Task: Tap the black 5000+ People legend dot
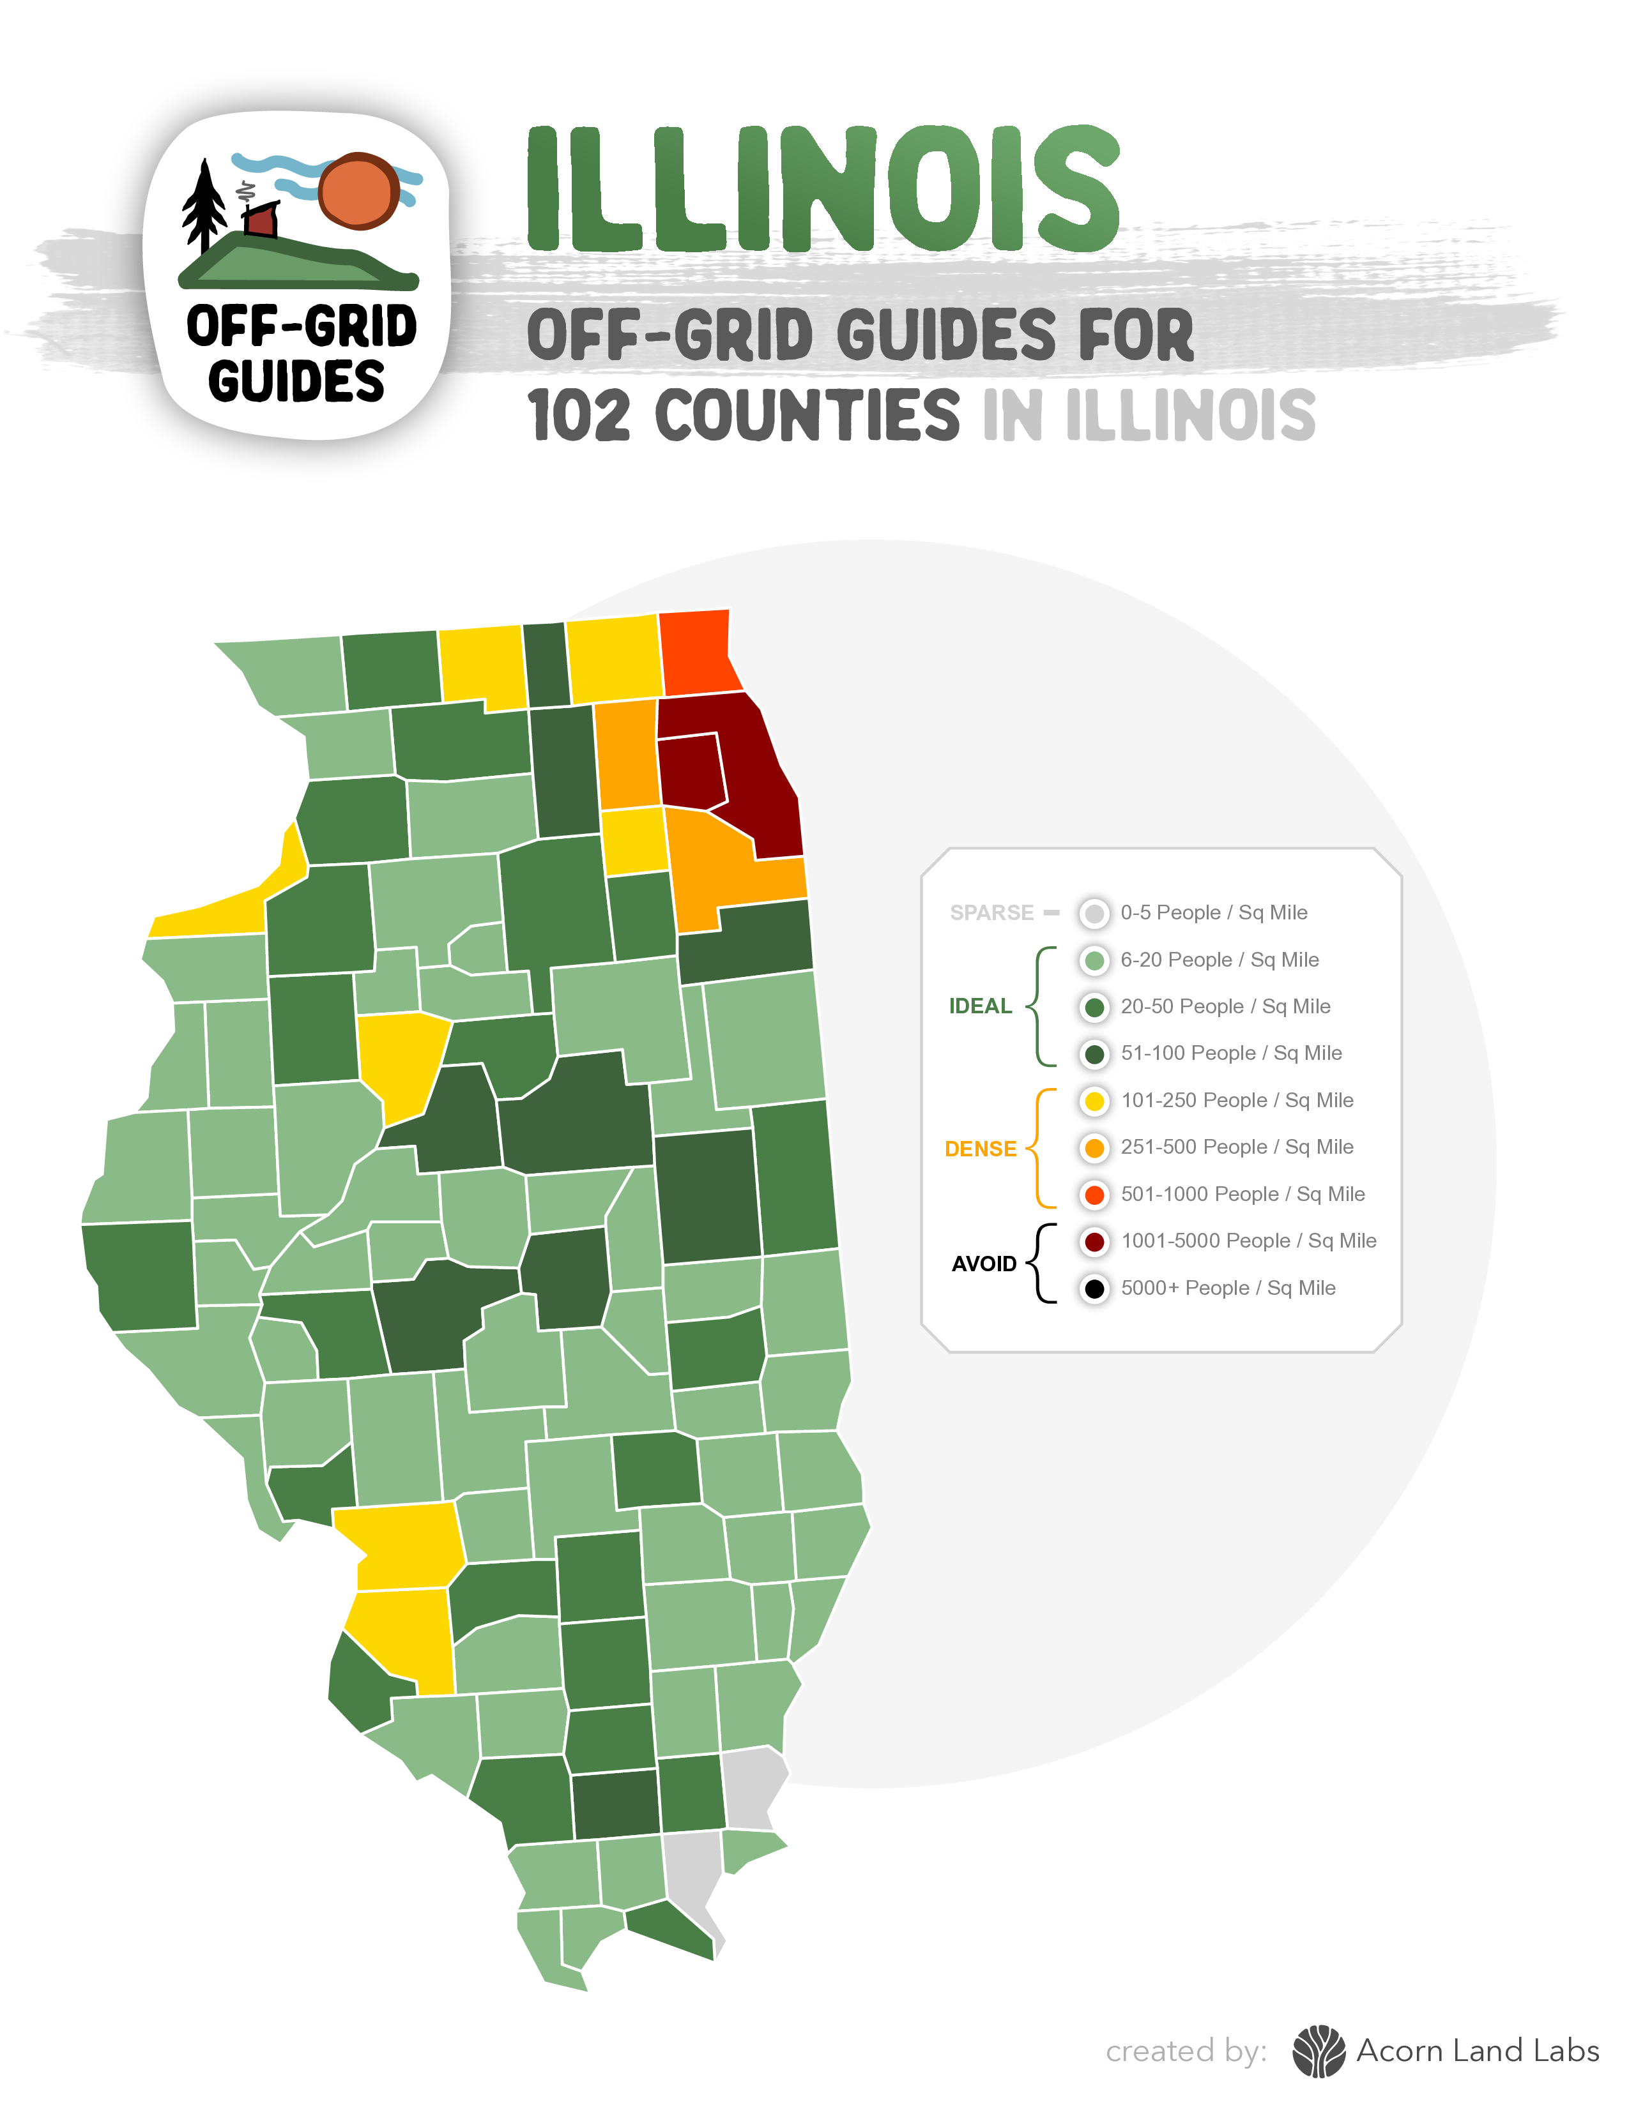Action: click(1094, 1288)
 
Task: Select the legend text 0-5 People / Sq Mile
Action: click(1213, 912)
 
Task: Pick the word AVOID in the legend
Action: click(983, 1264)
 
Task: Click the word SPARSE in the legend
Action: click(991, 912)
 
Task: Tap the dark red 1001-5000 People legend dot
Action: click(1094, 1242)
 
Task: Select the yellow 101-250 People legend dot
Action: click(1094, 1101)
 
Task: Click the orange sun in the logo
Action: click(359, 190)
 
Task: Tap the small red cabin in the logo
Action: click(261, 220)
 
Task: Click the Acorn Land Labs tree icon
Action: click(1319, 2051)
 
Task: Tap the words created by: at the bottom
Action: click(1185, 2051)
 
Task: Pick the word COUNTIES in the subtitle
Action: click(807, 416)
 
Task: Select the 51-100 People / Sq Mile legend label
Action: click(1230, 1053)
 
